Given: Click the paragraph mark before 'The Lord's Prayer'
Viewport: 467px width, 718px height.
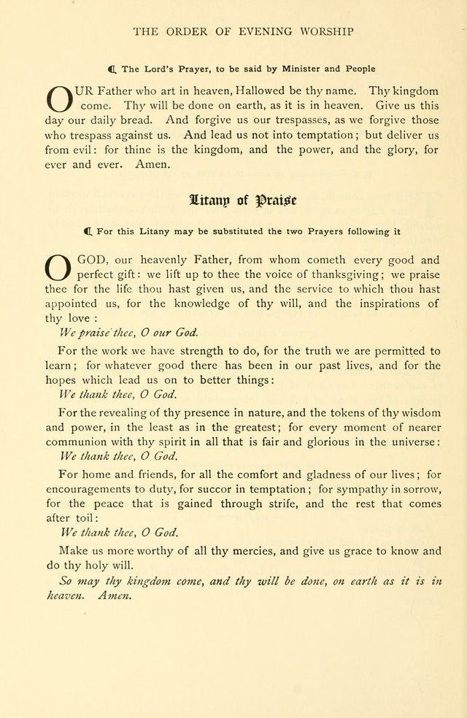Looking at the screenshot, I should pyautogui.click(x=112, y=69).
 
